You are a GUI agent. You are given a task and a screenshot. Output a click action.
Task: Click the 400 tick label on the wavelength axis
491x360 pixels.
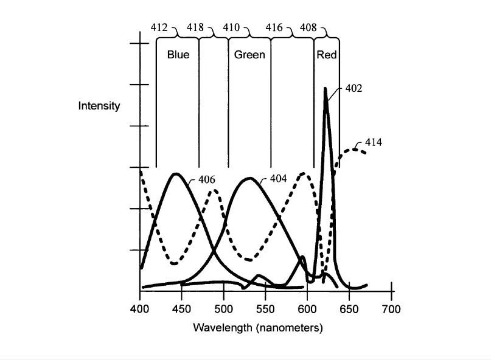(x=140, y=309)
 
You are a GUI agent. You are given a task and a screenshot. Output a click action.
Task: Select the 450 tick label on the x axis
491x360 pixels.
(x=181, y=309)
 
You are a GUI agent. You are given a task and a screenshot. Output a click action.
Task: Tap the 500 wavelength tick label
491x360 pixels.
(x=223, y=309)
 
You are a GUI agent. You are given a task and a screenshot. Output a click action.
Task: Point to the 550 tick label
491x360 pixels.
(x=265, y=309)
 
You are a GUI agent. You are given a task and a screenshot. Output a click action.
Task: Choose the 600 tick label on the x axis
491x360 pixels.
(x=307, y=309)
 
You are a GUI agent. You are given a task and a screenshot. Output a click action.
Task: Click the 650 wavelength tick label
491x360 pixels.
(x=349, y=309)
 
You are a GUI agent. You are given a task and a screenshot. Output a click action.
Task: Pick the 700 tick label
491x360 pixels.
(x=391, y=309)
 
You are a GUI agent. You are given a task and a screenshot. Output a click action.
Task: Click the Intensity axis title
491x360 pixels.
(x=99, y=106)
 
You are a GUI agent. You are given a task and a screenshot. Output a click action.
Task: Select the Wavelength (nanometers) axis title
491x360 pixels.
(x=258, y=328)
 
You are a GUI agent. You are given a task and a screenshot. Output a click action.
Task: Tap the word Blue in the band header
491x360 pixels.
(x=178, y=55)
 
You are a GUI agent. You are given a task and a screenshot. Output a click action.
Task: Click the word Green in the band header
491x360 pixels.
(x=250, y=55)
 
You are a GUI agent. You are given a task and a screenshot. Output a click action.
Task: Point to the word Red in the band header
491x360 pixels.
(x=327, y=55)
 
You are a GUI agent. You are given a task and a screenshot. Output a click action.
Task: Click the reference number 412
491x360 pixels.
(x=160, y=27)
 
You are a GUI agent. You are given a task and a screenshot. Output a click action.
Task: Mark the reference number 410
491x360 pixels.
(x=232, y=27)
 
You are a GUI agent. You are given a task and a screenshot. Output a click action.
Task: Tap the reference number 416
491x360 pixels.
(x=274, y=27)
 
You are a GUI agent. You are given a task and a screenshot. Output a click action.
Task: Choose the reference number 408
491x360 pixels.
(x=310, y=27)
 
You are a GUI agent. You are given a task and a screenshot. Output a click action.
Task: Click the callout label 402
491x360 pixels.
(x=353, y=88)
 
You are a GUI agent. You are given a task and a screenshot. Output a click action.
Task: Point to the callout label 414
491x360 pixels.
(x=373, y=143)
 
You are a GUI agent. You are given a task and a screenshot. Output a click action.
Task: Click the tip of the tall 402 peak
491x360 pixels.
(x=326, y=89)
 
